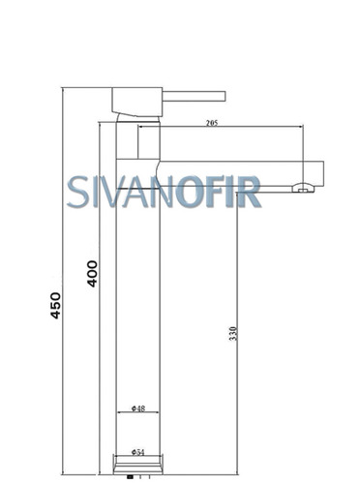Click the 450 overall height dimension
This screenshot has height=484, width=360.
[x=55, y=305]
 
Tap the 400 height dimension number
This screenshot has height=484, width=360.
[x=92, y=274]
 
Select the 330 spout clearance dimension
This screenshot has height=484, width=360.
[x=233, y=334]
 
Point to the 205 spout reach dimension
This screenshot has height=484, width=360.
[x=212, y=123]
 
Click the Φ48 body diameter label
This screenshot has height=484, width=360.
[x=138, y=408]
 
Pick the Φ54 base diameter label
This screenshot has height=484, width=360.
[x=137, y=452]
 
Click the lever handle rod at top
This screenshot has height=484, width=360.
[x=194, y=96]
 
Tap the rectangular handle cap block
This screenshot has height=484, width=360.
[x=136, y=102]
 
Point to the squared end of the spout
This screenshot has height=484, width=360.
[x=323, y=173]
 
